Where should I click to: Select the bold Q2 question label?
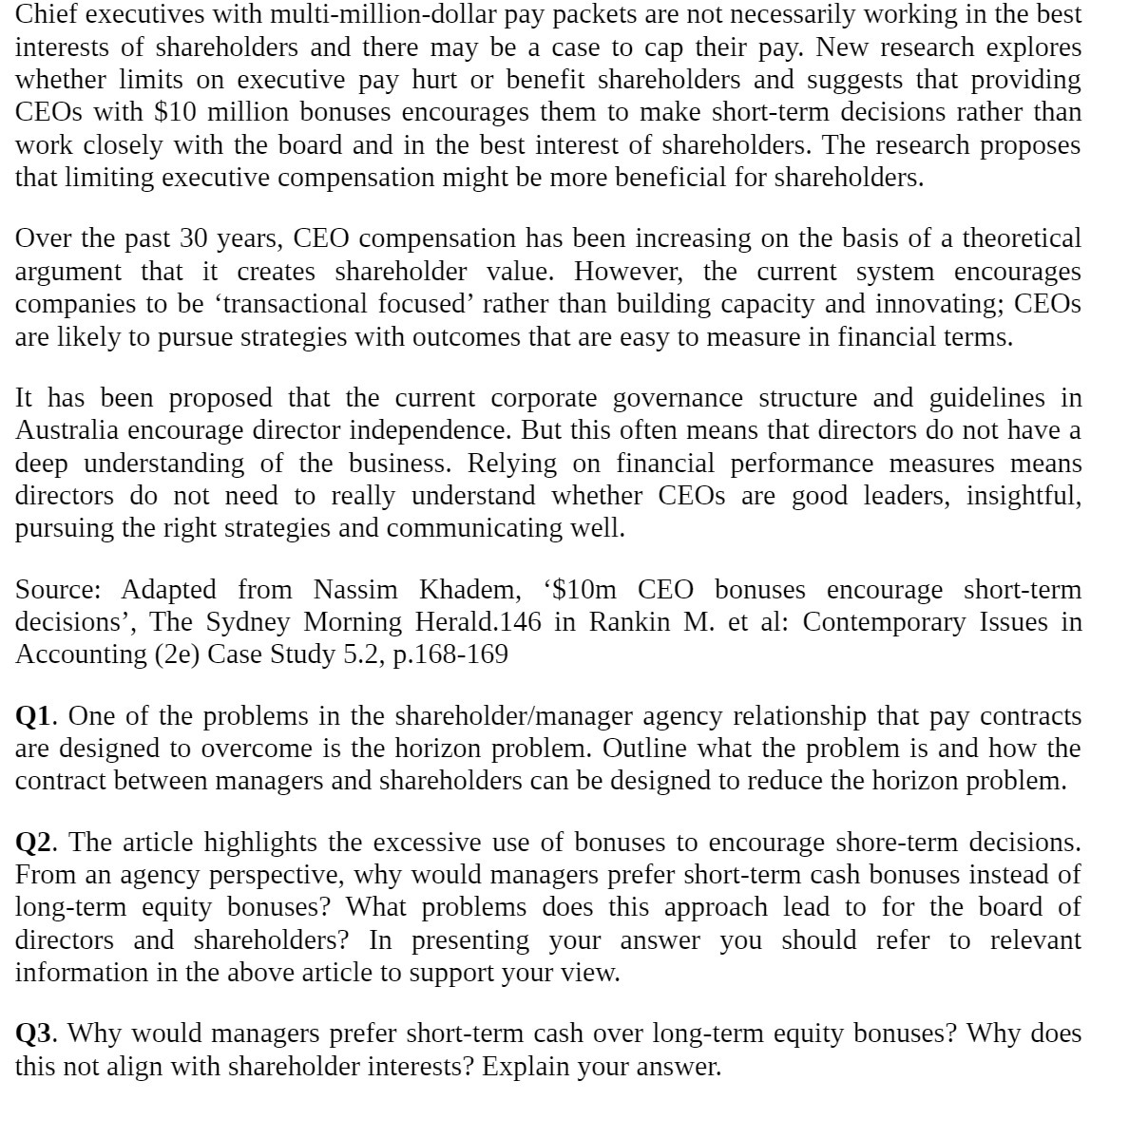coord(35,843)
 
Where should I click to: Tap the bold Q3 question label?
coord(35,1034)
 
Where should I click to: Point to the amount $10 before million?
coord(174,113)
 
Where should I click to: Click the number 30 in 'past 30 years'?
coord(194,238)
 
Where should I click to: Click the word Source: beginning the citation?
coord(58,590)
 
